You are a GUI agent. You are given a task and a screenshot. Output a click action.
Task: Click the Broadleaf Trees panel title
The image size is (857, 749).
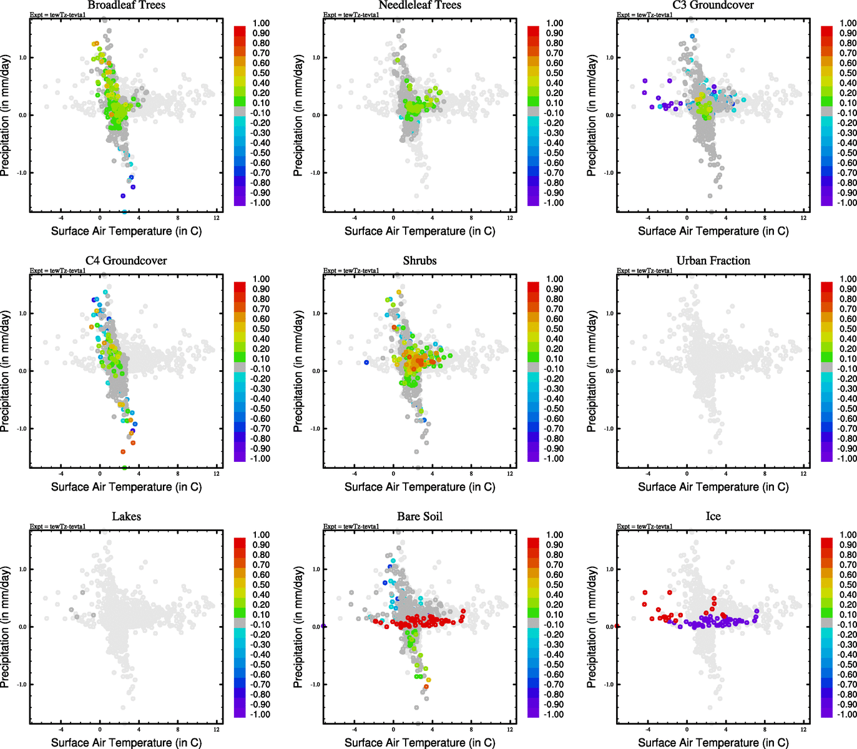[127, 6]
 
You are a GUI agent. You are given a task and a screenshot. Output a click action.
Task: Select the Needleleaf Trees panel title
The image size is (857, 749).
[420, 6]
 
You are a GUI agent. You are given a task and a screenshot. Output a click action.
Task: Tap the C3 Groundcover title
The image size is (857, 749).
[713, 6]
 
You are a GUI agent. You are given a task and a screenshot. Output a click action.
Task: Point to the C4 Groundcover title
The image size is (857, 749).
[127, 261]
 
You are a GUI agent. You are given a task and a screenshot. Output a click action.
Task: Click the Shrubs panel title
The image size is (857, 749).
[420, 261]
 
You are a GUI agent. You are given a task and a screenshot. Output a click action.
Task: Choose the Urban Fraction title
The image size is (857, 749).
[713, 261]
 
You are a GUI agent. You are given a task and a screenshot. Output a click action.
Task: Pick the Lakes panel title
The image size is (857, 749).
[127, 517]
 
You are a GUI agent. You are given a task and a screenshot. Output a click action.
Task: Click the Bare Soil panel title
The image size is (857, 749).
[420, 517]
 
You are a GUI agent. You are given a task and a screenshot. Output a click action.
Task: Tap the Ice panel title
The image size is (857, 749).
[713, 517]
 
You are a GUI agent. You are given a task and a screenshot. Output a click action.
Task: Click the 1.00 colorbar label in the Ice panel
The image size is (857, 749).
[848, 535]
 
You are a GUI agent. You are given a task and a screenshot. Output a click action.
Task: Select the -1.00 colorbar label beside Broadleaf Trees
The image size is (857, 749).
[260, 203]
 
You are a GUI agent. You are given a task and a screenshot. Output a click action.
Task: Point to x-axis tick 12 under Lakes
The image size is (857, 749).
[217, 729]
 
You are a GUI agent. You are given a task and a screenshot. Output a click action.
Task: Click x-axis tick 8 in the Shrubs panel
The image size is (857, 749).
[471, 474]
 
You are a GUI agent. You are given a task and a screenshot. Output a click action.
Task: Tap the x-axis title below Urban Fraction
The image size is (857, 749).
[713, 487]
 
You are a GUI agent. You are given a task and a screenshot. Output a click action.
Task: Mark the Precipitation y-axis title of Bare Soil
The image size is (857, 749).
[298, 627]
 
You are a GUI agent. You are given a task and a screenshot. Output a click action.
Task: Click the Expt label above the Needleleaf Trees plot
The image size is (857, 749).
[351, 15]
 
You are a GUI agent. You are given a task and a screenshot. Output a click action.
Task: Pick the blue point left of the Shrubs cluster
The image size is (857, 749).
[366, 362]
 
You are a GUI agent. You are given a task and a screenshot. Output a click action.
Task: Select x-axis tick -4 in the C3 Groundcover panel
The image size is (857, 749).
[648, 218]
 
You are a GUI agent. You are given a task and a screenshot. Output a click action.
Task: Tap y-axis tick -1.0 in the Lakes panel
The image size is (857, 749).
[22, 685]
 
